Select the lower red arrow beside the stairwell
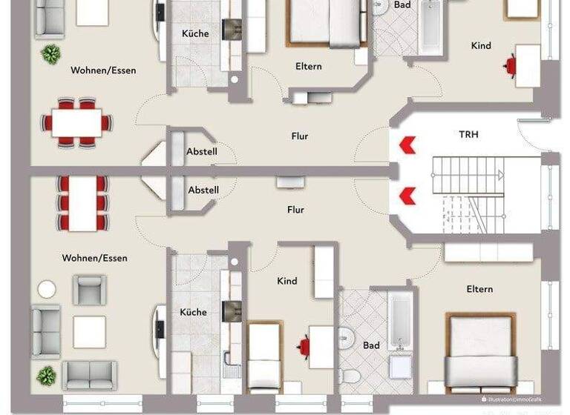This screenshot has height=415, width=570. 407,196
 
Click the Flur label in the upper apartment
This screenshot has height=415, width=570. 299,136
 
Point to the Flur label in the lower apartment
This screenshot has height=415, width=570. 295,210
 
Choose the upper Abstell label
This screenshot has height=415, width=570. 201,152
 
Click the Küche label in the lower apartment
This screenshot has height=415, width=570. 193,312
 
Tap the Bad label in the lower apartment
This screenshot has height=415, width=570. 371,345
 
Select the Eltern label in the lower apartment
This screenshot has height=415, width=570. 479,289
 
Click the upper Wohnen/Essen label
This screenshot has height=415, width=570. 103,70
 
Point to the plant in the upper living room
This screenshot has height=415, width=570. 50,53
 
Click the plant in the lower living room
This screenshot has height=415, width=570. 46,376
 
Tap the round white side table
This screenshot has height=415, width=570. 47,289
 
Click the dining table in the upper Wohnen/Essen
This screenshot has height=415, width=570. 76,122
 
